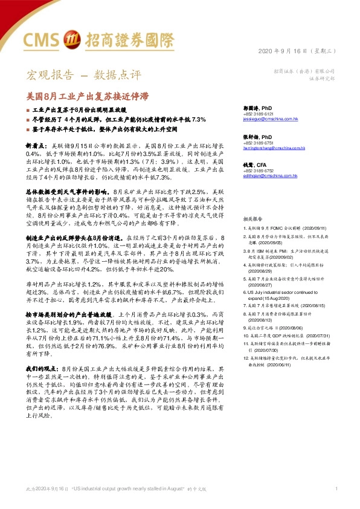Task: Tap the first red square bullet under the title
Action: click(27, 111)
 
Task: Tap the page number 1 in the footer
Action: click(335, 487)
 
